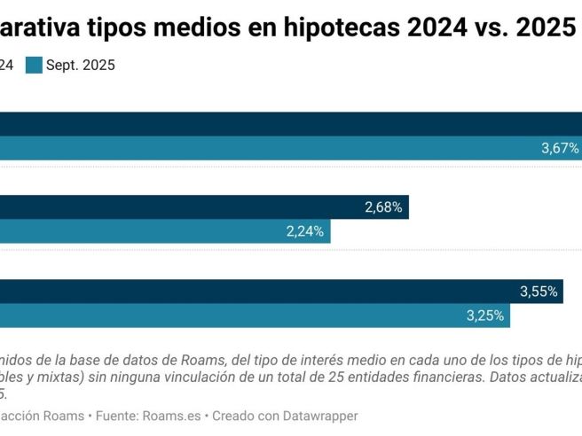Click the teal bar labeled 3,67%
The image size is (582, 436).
pos(266,148)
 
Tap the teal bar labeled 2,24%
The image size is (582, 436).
pos(160,232)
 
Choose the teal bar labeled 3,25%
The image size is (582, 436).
pos(248,315)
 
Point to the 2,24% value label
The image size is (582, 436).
pos(304,232)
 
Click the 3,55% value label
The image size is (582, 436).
pos(539,292)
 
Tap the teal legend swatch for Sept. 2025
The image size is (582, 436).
pos(35,65)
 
